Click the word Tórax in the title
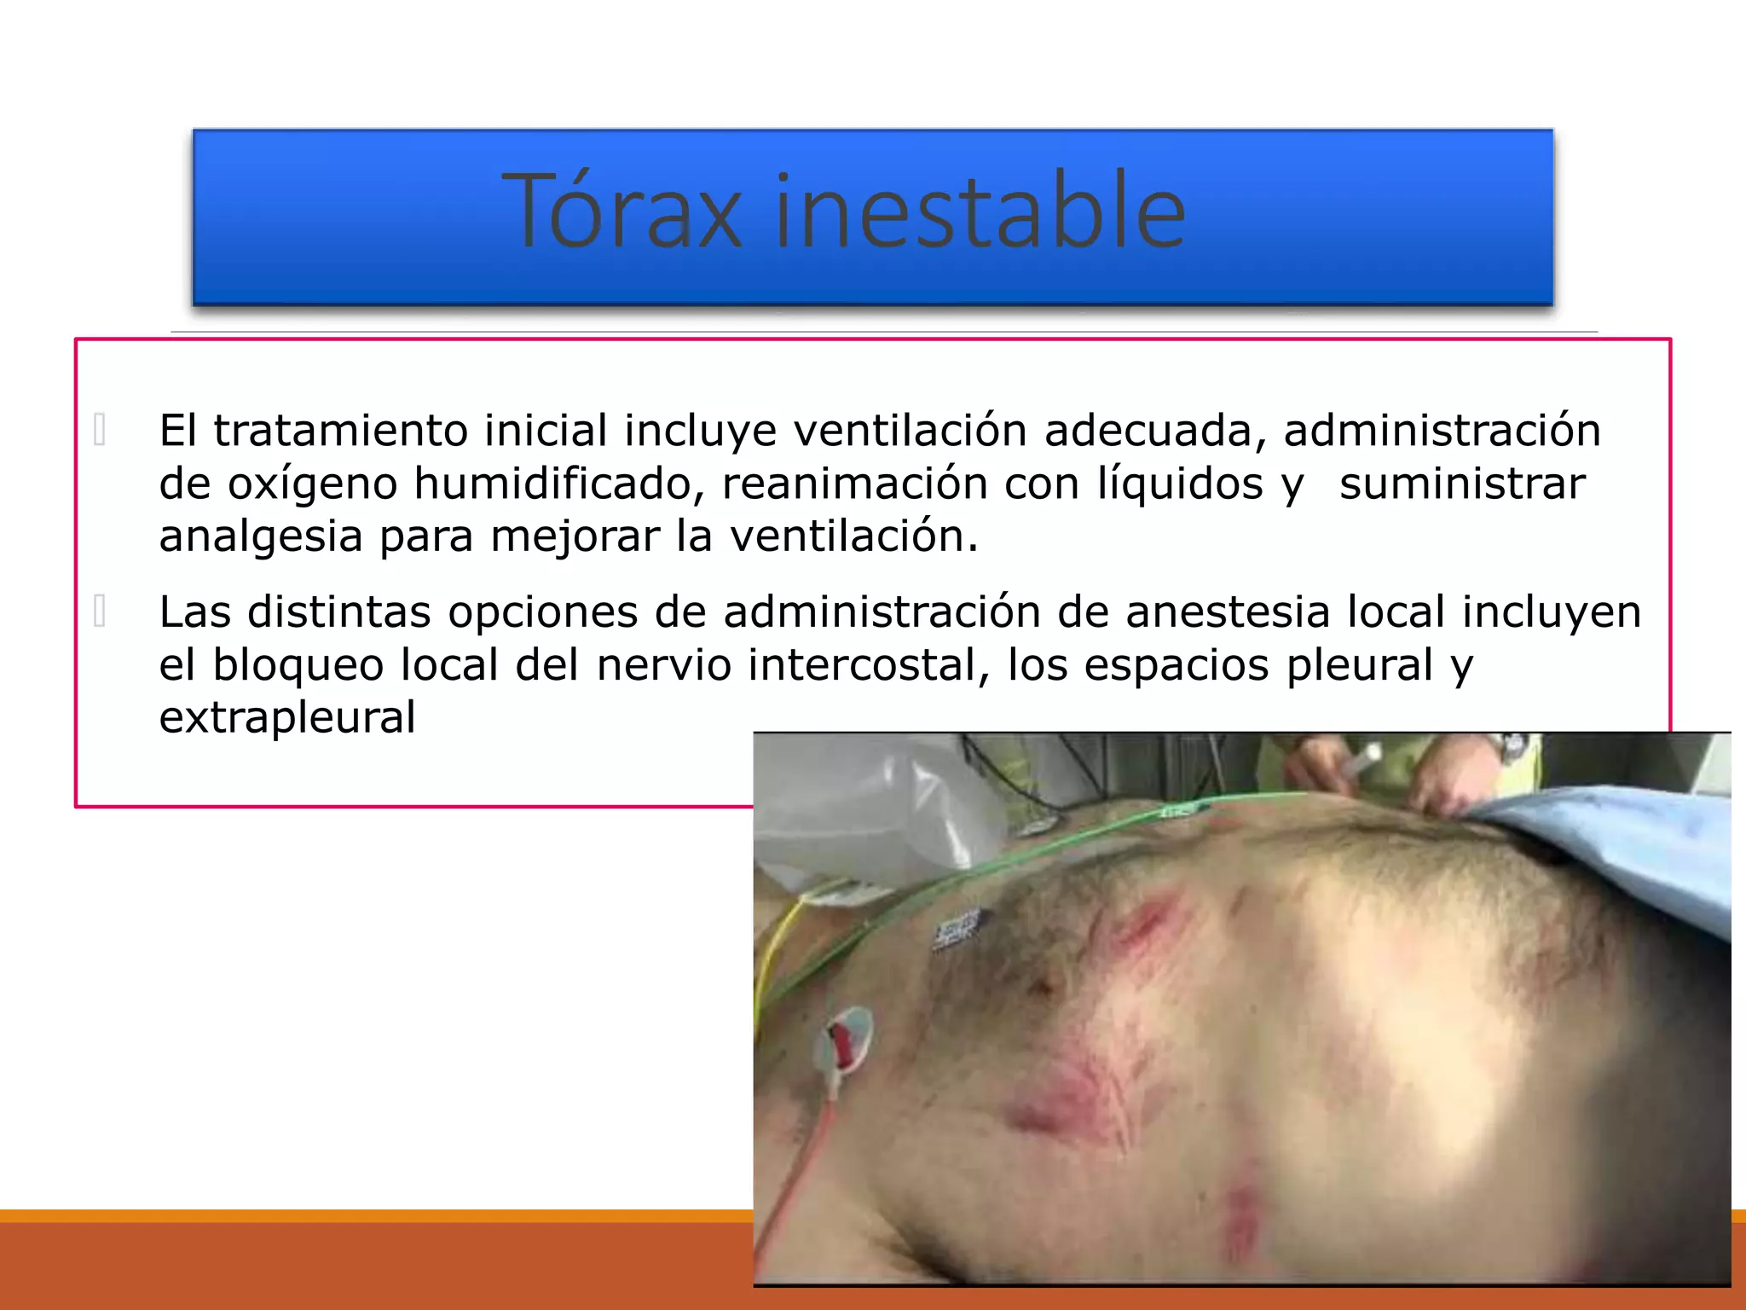622,212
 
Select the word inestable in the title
979,212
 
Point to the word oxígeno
312,484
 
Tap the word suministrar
1462,484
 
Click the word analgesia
261,536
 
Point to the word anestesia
1228,612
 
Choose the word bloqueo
298,664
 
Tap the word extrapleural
287,717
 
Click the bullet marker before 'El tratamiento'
100,430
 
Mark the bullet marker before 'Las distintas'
100,612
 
